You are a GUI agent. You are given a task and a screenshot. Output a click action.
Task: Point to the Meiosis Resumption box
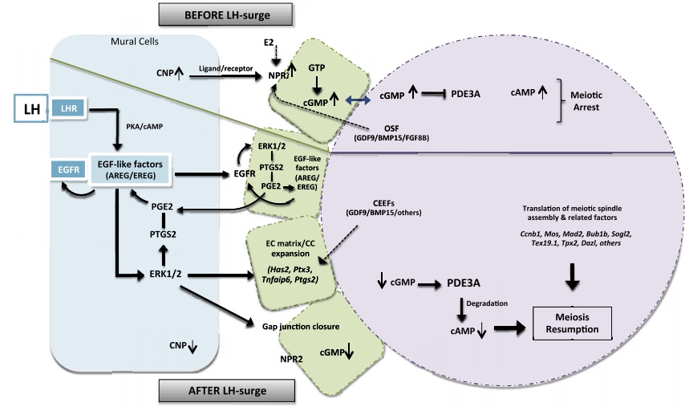pyautogui.click(x=572, y=325)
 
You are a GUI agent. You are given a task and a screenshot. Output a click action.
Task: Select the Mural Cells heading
pyautogui.click(x=132, y=41)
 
